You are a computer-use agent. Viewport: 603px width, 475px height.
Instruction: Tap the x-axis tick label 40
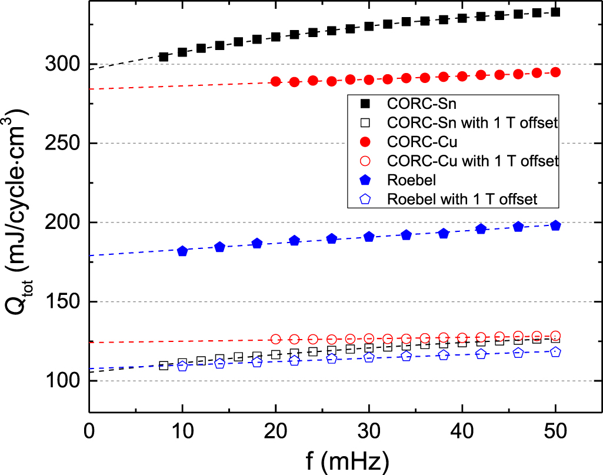[462, 431]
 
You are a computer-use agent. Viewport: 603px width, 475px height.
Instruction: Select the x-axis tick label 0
[89, 431]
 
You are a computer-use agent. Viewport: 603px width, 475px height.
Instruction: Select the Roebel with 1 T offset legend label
[462, 198]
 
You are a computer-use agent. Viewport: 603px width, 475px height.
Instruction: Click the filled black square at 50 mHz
[555, 12]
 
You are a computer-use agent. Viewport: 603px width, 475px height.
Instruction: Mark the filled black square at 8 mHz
[164, 57]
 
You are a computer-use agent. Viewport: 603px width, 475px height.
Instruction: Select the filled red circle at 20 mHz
[276, 82]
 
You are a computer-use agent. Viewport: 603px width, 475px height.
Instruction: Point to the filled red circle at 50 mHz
[555, 72]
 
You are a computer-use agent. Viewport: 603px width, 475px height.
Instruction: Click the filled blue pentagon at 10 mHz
[182, 251]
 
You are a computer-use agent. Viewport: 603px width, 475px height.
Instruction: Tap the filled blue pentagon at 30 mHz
[369, 237]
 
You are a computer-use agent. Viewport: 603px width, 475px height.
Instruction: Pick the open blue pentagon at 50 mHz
[555, 352]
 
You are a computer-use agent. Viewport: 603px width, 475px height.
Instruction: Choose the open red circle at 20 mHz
[276, 339]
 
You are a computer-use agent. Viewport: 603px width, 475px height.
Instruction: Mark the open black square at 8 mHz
[164, 366]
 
